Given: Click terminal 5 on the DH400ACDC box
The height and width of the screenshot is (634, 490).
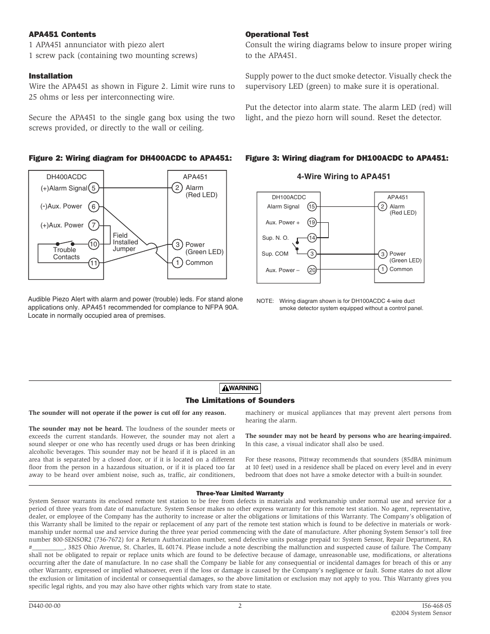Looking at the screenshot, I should [93, 188].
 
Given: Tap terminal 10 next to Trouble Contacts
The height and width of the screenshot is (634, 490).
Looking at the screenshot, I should [93, 244].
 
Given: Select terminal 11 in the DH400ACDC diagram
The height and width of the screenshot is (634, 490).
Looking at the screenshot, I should [93, 263].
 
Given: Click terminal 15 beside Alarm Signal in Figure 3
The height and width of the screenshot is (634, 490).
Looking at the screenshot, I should [312, 206].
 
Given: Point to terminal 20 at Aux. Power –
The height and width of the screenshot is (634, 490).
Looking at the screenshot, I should [312, 270].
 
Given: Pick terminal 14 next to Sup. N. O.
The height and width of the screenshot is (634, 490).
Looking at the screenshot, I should [312, 238].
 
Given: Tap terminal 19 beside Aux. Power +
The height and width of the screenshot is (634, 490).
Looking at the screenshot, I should [312, 222].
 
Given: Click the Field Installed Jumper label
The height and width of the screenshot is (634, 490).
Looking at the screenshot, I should [125, 242].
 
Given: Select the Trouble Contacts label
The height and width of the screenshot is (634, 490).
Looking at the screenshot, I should [66, 254].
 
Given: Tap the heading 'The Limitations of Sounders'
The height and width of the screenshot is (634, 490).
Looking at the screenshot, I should [240, 400].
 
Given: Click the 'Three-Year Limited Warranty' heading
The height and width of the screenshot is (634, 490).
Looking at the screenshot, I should [240, 493].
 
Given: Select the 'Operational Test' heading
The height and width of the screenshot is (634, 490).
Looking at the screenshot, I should [277, 34].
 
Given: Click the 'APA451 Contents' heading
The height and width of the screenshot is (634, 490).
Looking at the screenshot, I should [62, 34].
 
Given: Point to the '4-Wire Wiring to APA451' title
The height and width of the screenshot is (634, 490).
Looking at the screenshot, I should [343, 177].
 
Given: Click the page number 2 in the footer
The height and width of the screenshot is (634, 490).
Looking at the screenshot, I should [240, 606].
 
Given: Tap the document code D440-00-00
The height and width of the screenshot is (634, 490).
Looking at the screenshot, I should [45, 606].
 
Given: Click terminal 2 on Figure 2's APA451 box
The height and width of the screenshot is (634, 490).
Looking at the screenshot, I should [177, 188].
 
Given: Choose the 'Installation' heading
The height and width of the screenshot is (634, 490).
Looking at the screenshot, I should [50, 76].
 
